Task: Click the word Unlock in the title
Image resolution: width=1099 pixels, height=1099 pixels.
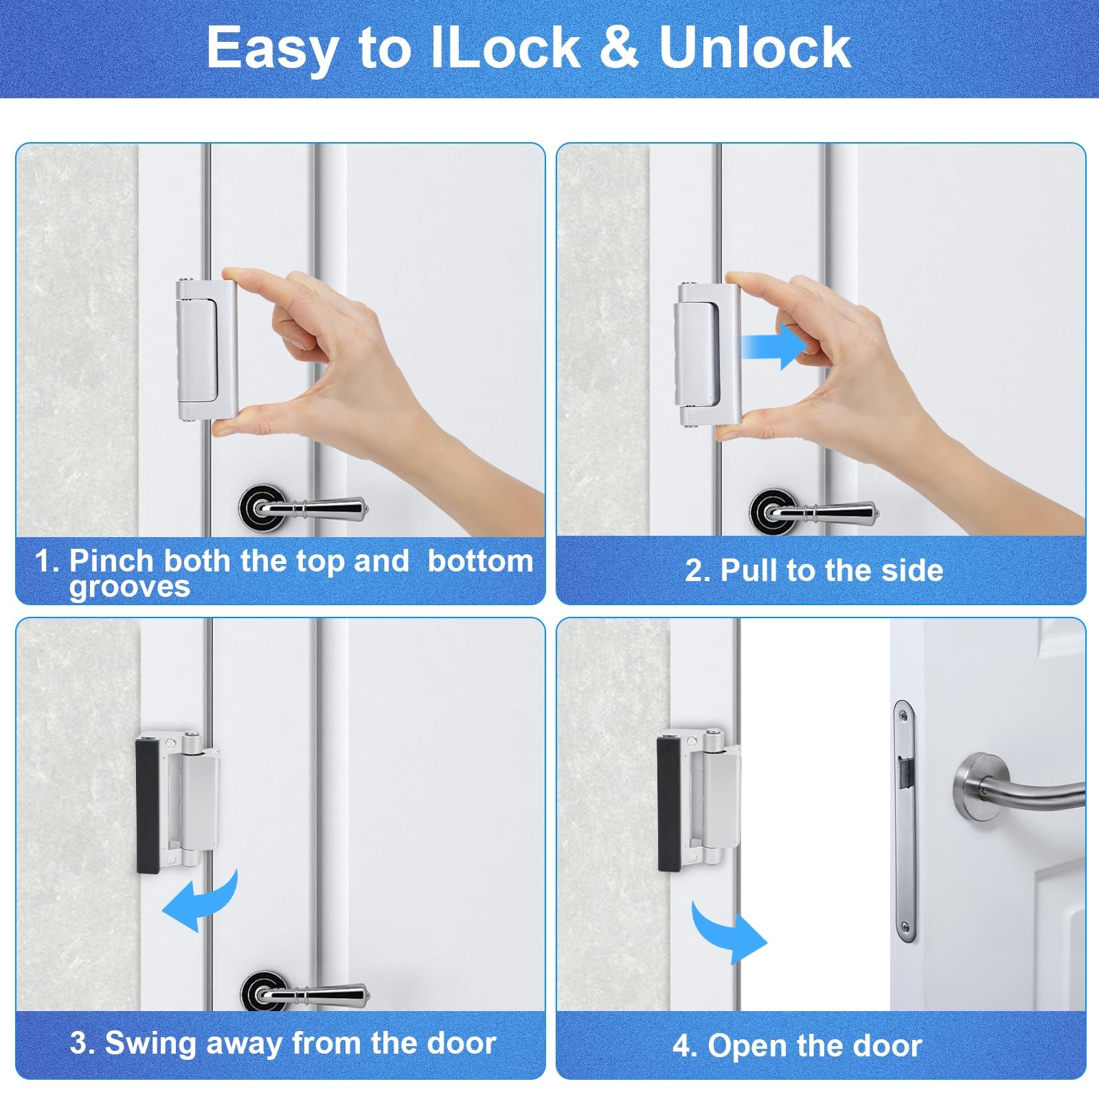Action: click(x=755, y=47)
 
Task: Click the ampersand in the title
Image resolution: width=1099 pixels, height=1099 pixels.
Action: click(x=619, y=47)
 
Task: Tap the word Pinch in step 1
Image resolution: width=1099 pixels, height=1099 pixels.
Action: click(x=111, y=560)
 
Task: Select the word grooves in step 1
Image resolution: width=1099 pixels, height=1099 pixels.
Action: click(x=130, y=588)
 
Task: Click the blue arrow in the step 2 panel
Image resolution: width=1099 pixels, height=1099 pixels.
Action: click(x=773, y=346)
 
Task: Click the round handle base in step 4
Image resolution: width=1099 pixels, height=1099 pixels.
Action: click(x=976, y=787)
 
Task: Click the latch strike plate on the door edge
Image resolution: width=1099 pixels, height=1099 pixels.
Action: click(x=905, y=822)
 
